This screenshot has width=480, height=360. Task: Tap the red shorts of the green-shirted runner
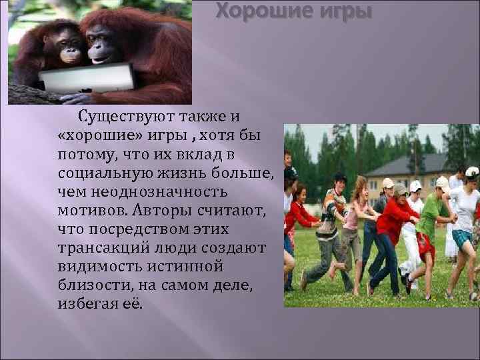[x=425, y=246]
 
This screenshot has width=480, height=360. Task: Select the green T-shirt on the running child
[x=430, y=216]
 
